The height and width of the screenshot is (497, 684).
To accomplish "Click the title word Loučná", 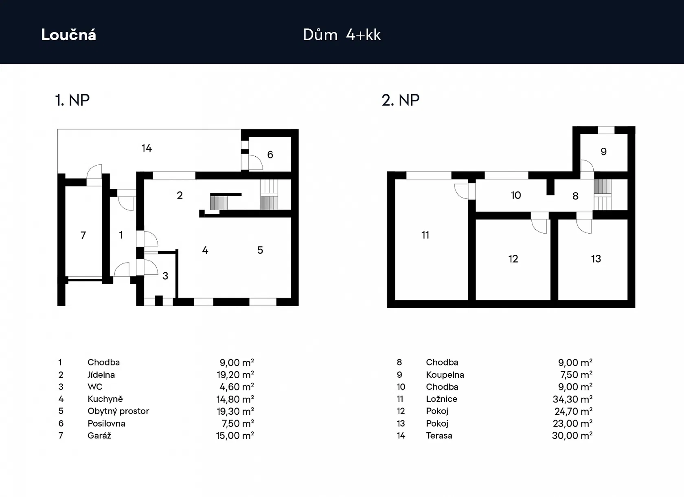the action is pyautogui.click(x=69, y=35).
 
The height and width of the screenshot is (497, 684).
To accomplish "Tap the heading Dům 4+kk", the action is pyautogui.click(x=342, y=35).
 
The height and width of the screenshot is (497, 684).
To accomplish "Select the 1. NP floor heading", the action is pyautogui.click(x=72, y=100).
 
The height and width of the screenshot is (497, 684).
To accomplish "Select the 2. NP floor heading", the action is pyautogui.click(x=401, y=100).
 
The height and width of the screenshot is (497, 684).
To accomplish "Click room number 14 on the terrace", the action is pyautogui.click(x=147, y=148).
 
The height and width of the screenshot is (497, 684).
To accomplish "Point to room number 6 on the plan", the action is pyautogui.click(x=270, y=155).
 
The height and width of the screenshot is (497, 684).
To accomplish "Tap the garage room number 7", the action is pyautogui.click(x=83, y=235).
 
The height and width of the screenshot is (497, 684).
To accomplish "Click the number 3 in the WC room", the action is pyautogui.click(x=165, y=276).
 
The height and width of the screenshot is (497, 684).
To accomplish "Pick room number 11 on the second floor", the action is pyautogui.click(x=425, y=235).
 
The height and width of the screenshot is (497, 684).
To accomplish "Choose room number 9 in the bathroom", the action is pyautogui.click(x=604, y=152).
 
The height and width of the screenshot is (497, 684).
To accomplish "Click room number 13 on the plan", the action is pyautogui.click(x=596, y=259).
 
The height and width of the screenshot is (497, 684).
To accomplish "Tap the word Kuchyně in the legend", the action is pyautogui.click(x=105, y=399).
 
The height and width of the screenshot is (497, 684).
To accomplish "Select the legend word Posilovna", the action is pyautogui.click(x=106, y=423).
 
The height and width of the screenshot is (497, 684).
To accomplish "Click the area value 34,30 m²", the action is pyautogui.click(x=572, y=399).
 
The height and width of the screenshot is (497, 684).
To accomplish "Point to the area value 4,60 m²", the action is pyautogui.click(x=237, y=387).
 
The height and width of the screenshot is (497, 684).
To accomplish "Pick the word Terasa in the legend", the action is pyautogui.click(x=439, y=436).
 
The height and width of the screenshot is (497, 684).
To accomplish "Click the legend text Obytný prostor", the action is pyautogui.click(x=118, y=411).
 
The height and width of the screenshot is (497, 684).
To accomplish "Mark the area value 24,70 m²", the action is pyautogui.click(x=573, y=411).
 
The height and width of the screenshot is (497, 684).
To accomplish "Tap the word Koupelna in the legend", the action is pyautogui.click(x=445, y=375).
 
